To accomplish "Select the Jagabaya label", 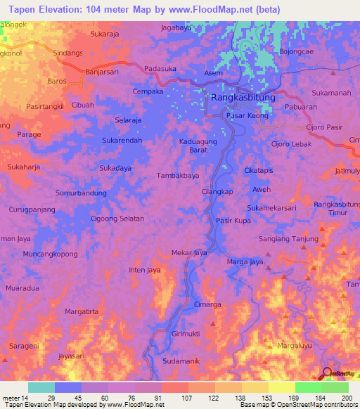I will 176,28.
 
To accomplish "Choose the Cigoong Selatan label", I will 117,219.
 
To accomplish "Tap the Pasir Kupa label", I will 233,221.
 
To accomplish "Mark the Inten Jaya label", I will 146,269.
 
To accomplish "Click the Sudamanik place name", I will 181,361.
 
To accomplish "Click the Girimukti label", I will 186,335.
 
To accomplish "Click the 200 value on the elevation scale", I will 345,397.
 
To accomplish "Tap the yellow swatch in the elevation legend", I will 281,387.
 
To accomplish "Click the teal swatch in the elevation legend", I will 41,387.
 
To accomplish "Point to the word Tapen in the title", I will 18,8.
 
